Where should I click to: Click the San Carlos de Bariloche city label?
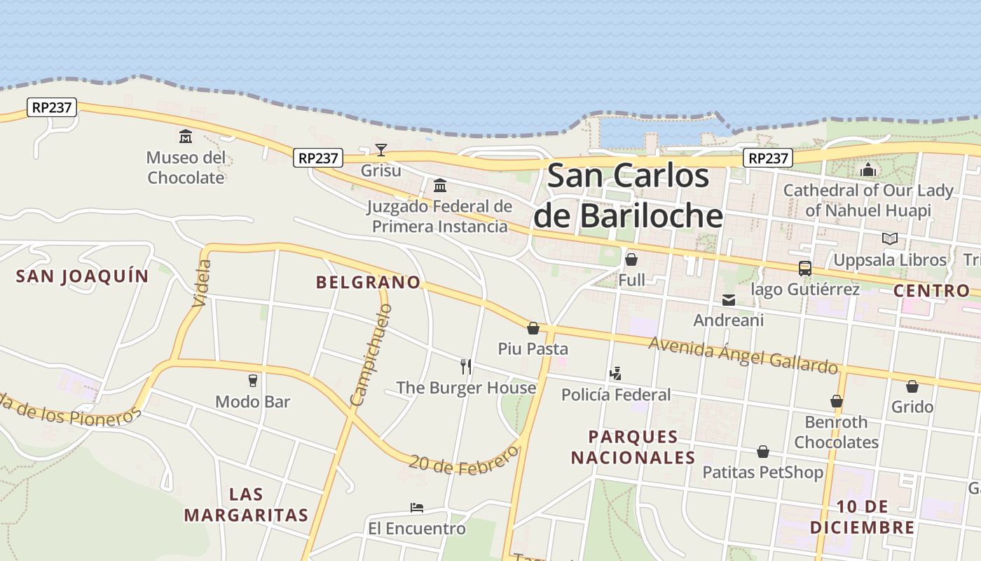click(x=628, y=195)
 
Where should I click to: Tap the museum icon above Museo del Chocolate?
click(x=186, y=136)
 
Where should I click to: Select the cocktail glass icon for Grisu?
click(x=380, y=149)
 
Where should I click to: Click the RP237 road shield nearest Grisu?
click(x=317, y=158)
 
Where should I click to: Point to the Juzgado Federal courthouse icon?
click(x=440, y=186)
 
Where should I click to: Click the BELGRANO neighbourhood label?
click(x=368, y=283)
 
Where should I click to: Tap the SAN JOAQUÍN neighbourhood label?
click(x=83, y=276)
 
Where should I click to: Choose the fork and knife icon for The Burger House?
click(x=465, y=366)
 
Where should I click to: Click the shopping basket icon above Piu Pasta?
click(x=533, y=328)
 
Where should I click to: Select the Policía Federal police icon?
click(x=615, y=374)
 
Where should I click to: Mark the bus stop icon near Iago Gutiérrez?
click(x=804, y=269)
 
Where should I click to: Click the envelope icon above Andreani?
click(x=729, y=300)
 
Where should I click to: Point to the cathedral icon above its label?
click(x=868, y=170)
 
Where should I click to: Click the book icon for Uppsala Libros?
click(x=889, y=239)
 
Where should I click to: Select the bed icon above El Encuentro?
click(x=417, y=508)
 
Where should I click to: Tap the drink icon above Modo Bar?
click(x=253, y=381)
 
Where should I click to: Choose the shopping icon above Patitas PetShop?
click(x=762, y=452)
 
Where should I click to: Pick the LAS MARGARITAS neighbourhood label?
click(x=246, y=505)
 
